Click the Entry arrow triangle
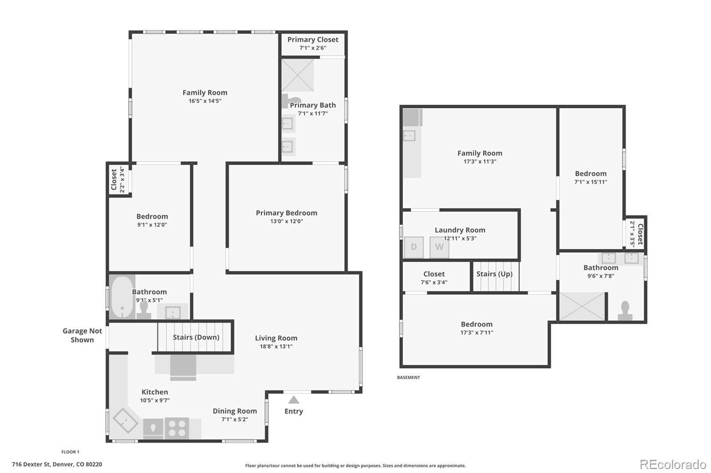pyautogui.click(x=294, y=399)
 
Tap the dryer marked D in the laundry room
pyautogui.click(x=414, y=247)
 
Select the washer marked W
pyautogui.click(x=439, y=247)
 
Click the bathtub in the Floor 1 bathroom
pyautogui.click(x=122, y=297)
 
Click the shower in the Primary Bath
pyautogui.click(x=298, y=75)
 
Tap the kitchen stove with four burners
pyautogui.click(x=177, y=428)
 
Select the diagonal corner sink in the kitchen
pyautogui.click(x=125, y=421)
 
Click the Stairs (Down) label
pyautogui.click(x=196, y=337)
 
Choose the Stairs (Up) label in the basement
pyautogui.click(x=494, y=274)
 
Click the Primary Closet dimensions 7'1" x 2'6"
pyautogui.click(x=313, y=48)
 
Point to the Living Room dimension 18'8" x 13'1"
pyautogui.click(x=276, y=347)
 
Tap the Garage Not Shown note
pyautogui.click(x=82, y=335)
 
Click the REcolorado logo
pyautogui.click(x=673, y=465)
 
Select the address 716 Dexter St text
pyautogui.click(x=31, y=464)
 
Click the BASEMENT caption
pyautogui.click(x=408, y=377)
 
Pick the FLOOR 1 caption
pyautogui.click(x=70, y=452)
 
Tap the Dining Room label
pyautogui.click(x=235, y=411)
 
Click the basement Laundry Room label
pyautogui.click(x=460, y=230)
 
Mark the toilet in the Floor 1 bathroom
pyautogui.click(x=144, y=310)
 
